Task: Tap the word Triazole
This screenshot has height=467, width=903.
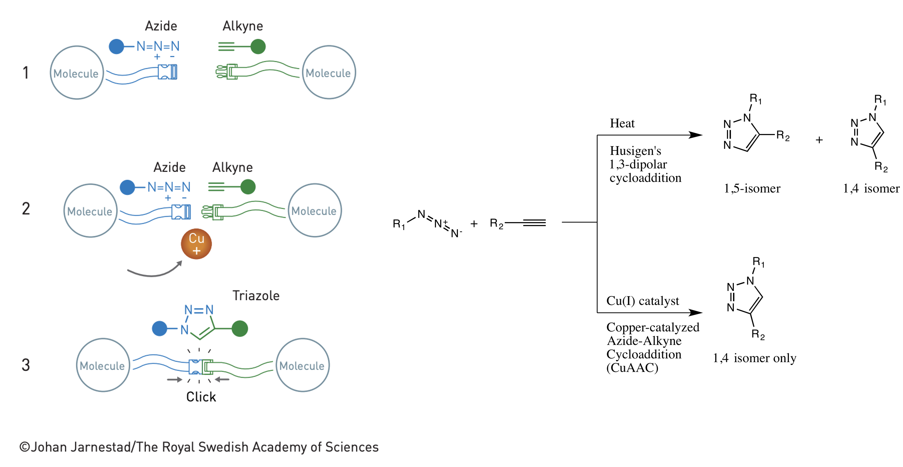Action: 256,296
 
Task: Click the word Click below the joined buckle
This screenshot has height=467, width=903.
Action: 201,397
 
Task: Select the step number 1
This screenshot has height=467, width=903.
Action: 26,73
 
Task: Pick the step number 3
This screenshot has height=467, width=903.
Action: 26,365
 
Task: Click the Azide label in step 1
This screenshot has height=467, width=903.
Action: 161,26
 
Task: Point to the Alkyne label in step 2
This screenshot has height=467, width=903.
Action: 232,167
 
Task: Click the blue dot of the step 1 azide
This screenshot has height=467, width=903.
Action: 116,46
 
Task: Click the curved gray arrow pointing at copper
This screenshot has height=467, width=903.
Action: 154,271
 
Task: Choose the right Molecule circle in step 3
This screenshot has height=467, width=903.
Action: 302,365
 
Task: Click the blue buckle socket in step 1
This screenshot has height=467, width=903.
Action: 168,72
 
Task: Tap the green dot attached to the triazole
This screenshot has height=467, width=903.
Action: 240,329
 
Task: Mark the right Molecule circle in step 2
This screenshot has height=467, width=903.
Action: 314,210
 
